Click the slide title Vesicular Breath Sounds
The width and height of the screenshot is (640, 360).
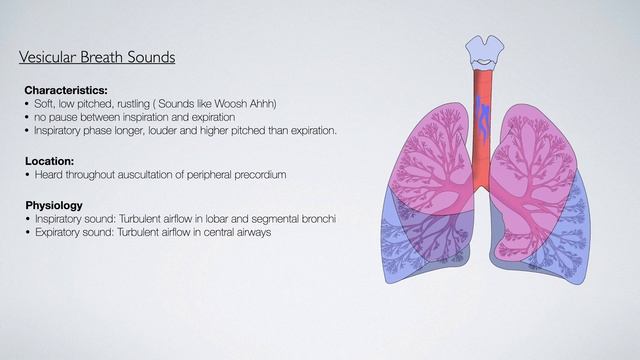(x=97, y=57)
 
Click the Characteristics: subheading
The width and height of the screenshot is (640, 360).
(x=66, y=90)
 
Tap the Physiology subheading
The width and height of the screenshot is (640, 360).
(x=54, y=205)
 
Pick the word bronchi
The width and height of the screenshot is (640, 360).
(x=342, y=219)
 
